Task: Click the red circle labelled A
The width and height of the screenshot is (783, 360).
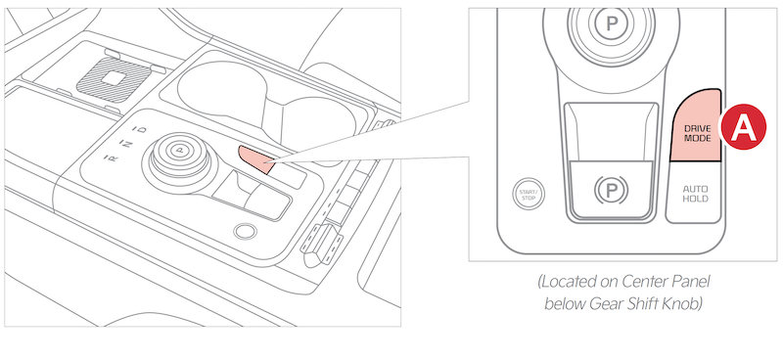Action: coord(743,127)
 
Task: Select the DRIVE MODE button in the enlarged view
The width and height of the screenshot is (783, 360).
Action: coord(696,127)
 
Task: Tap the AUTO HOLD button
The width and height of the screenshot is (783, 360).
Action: coord(695,193)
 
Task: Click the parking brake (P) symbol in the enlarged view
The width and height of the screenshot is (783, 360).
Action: coord(612,190)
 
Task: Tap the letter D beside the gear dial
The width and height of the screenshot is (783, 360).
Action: coord(143,130)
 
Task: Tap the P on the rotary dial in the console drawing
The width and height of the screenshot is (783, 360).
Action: coord(181,149)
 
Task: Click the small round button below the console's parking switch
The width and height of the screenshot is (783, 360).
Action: coord(246,231)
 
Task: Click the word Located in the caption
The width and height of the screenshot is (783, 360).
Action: coord(569,282)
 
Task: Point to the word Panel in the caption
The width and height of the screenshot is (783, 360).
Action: coord(691,282)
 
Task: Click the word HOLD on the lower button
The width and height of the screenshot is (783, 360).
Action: coord(695,199)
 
